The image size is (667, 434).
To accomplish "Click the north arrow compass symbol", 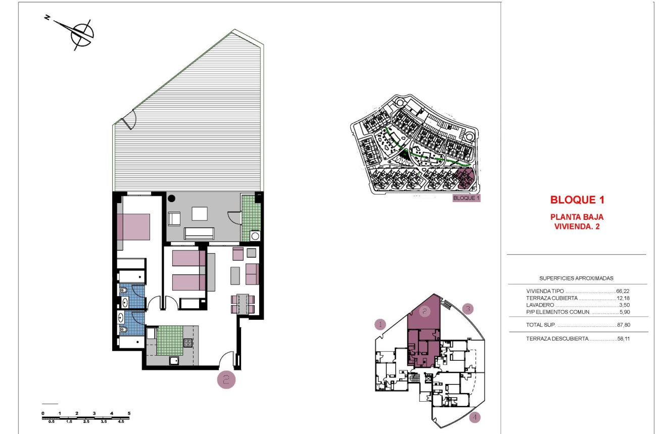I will tap(81, 34).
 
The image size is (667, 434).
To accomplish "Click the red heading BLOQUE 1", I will tap(577, 200).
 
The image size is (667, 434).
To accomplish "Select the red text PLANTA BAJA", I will tap(577, 217).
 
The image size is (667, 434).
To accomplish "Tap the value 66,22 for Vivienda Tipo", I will tap(623, 292).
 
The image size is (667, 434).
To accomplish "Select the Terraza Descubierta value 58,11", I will tap(623, 339).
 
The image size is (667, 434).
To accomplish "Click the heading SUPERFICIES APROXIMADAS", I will tap(577, 278).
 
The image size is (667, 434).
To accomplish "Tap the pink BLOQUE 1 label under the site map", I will tap(466, 198).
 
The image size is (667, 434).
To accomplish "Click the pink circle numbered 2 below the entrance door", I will tap(226, 380).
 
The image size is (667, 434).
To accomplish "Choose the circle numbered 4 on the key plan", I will tap(474, 418).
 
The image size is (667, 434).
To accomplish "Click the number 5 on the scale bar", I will tap(129, 413).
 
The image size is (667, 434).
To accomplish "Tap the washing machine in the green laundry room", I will tap(255, 235).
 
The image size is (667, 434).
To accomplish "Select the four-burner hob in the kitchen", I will tap(187, 343).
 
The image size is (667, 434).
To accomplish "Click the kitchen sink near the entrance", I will tap(174, 360).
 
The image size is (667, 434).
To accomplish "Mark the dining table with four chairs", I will tap(243, 304).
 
